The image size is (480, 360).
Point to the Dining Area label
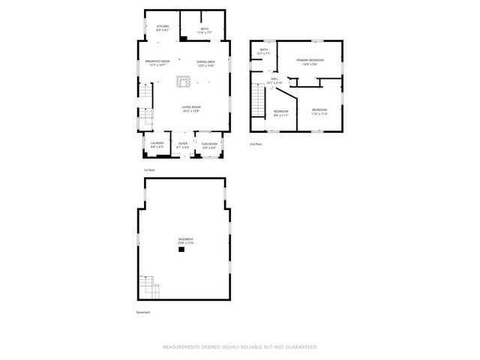205,63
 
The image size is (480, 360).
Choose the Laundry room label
157,145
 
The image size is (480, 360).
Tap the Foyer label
183,145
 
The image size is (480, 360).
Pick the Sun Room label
209,145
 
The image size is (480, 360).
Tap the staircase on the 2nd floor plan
259,101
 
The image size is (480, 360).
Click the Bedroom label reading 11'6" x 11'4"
320,112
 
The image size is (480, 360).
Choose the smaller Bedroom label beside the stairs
281,113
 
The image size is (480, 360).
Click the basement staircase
148,286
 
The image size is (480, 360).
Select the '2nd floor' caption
256,143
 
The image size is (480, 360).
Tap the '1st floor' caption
148,170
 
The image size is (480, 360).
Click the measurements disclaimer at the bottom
240,347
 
